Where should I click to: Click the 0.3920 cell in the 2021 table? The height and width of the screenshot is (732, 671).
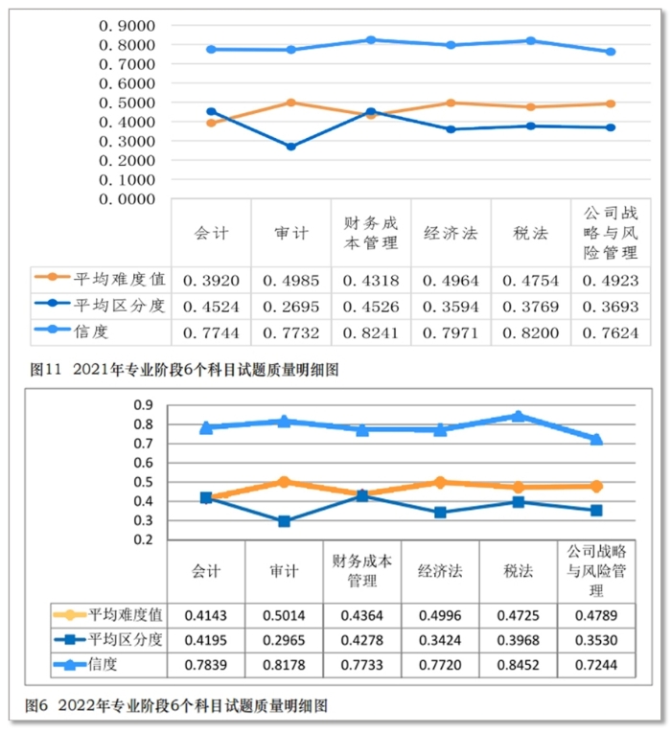211,281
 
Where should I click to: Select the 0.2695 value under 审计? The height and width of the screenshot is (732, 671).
290,307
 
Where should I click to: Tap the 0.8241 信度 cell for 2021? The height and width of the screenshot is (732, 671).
370,332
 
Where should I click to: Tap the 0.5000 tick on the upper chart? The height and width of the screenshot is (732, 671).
128,103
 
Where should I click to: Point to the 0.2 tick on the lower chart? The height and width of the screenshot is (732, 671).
143,539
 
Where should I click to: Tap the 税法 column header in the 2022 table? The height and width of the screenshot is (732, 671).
518,571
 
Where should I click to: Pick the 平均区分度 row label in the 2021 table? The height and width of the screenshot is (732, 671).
110,307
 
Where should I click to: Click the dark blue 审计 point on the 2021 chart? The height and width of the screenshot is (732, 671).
290,147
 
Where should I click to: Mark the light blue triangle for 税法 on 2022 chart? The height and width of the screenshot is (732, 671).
518,416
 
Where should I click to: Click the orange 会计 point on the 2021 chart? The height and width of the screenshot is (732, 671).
211,123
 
